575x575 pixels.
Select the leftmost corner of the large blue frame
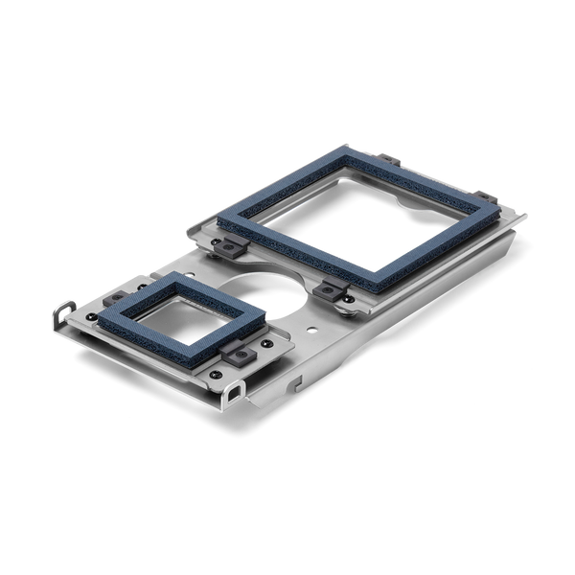click(219, 223)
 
